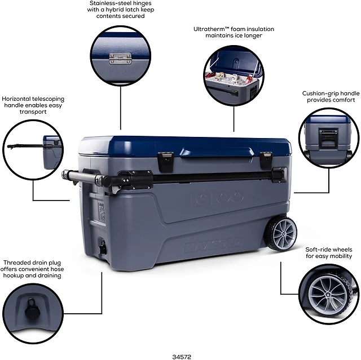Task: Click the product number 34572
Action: click(182, 357)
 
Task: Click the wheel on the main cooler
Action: click(282, 234)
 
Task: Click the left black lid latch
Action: click(165, 161)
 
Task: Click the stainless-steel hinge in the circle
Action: click(120, 59)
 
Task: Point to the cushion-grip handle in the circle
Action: click(328, 139)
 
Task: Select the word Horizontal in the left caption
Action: click(16, 99)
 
